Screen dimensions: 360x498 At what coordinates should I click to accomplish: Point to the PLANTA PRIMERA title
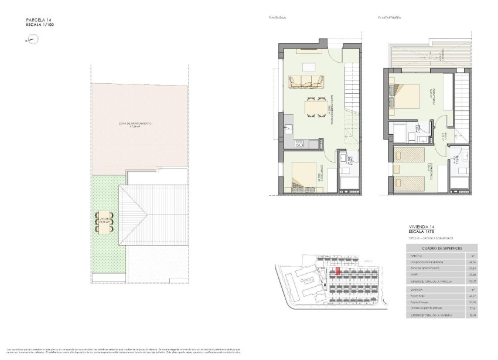[390, 18]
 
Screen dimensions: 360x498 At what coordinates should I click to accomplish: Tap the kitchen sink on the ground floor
[289, 129]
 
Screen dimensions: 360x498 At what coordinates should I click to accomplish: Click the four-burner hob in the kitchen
[300, 143]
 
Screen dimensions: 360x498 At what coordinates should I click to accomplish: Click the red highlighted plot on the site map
[338, 271]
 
